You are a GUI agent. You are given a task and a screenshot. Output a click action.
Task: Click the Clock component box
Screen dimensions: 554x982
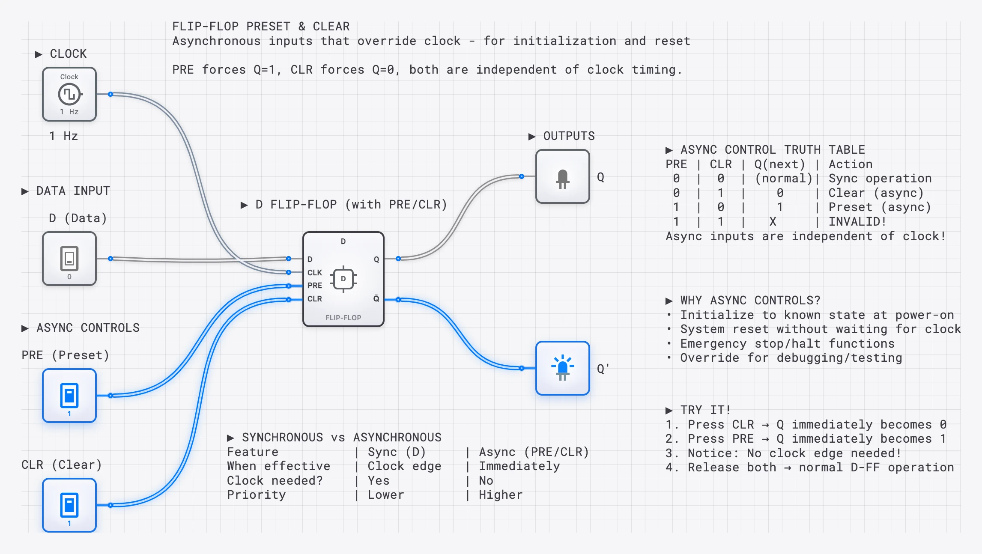(69, 94)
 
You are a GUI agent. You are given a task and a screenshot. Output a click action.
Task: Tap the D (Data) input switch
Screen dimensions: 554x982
(69, 259)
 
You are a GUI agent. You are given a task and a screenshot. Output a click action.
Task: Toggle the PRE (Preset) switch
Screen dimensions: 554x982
(69, 396)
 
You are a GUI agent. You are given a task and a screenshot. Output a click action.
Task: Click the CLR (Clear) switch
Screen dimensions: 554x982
(69, 505)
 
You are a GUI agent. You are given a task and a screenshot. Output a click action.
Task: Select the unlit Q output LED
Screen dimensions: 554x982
(562, 176)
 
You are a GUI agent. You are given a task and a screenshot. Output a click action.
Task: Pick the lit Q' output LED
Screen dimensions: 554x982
(562, 368)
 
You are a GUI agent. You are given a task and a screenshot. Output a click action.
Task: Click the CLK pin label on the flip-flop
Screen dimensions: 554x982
(314, 272)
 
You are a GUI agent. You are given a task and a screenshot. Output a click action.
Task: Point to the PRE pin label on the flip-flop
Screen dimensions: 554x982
(314, 285)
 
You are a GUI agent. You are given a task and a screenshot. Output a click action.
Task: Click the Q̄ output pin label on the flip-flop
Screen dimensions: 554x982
(376, 298)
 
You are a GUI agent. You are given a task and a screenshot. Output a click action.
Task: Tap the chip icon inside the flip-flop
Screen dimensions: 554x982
(343, 279)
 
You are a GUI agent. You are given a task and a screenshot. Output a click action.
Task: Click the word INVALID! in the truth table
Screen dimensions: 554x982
(857, 222)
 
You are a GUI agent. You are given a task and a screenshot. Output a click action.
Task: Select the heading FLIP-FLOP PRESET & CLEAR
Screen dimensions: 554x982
(261, 27)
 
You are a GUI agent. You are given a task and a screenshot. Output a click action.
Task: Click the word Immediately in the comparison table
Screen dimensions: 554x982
(519, 466)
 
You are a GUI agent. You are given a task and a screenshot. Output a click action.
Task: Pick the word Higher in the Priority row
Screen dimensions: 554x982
(500, 495)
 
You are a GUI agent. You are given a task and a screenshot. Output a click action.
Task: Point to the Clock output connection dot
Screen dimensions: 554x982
(110, 94)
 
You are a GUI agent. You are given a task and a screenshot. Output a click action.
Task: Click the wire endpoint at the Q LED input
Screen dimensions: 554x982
(521, 176)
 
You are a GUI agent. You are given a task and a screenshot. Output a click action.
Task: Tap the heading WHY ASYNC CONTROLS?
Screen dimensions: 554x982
(750, 301)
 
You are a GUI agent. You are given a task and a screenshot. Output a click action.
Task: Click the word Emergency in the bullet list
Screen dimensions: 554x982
(713, 344)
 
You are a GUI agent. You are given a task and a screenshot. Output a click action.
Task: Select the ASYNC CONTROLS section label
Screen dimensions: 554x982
(88, 328)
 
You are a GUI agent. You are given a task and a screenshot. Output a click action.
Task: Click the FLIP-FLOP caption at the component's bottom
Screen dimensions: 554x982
(343, 318)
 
